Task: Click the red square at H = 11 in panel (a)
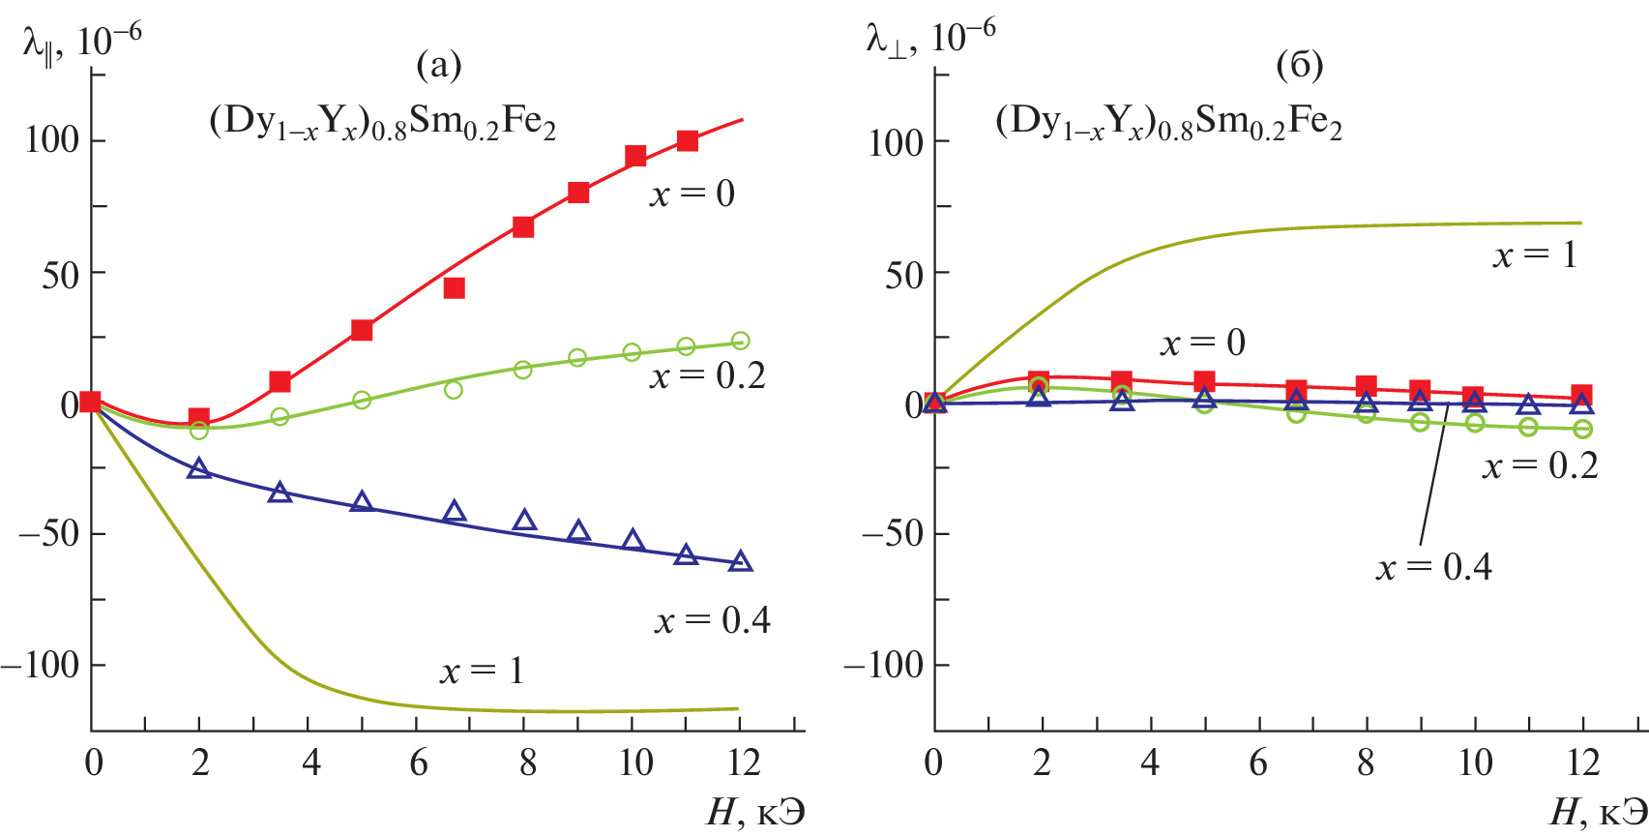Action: [x=687, y=141]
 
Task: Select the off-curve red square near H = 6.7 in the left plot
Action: [x=454, y=288]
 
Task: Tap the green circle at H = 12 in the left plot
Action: [x=740, y=341]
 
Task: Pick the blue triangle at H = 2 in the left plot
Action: [x=199, y=469]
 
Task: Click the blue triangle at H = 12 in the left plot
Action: [x=740, y=561]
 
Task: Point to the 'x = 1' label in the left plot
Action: [x=482, y=671]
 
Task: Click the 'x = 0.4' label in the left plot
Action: [x=712, y=620]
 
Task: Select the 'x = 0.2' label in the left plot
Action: [x=707, y=375]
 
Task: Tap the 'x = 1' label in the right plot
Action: [x=1535, y=254]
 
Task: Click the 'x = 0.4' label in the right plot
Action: [x=1433, y=567]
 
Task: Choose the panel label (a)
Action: [x=438, y=65]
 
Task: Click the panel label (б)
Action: [x=1299, y=65]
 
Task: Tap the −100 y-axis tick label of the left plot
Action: [x=41, y=666]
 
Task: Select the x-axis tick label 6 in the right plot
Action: [x=1257, y=763]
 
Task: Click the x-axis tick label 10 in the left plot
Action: [x=635, y=763]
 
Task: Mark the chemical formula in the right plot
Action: [x=1168, y=123]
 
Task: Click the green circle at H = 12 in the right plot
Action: [x=1582, y=429]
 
